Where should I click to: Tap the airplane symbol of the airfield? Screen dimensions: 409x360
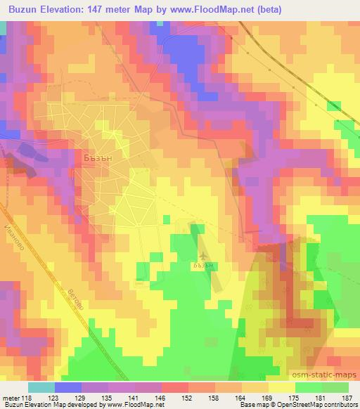click(203, 256)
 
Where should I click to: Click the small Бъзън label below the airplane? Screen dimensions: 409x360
click(202, 266)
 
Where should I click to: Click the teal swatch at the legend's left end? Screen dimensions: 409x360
click(41, 387)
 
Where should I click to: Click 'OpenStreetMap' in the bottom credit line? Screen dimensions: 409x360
click(304, 405)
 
